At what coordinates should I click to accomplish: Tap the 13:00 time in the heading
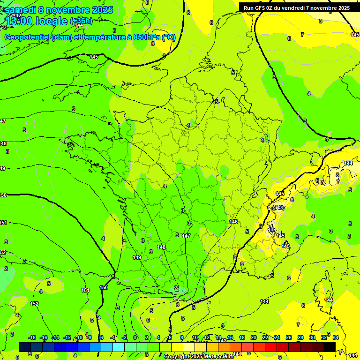click(x=19, y=21)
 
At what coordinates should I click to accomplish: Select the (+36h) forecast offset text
click(x=81, y=21)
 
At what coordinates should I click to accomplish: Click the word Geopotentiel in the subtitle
click(x=28, y=37)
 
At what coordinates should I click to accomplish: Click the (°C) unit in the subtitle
click(x=168, y=37)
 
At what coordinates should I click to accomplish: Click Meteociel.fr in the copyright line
click(x=216, y=357)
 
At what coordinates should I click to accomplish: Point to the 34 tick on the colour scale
click(x=336, y=337)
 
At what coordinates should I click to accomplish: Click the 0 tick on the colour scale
click(x=135, y=337)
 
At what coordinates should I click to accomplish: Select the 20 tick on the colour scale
click(x=254, y=337)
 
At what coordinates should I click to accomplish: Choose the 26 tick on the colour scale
click(x=289, y=337)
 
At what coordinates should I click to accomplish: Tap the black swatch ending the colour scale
click(x=330, y=347)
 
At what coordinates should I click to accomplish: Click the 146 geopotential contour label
click(x=233, y=222)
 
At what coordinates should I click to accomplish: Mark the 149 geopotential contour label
click(x=137, y=257)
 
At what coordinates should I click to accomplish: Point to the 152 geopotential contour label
click(x=34, y=304)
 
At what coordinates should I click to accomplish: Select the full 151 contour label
click(x=85, y=291)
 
